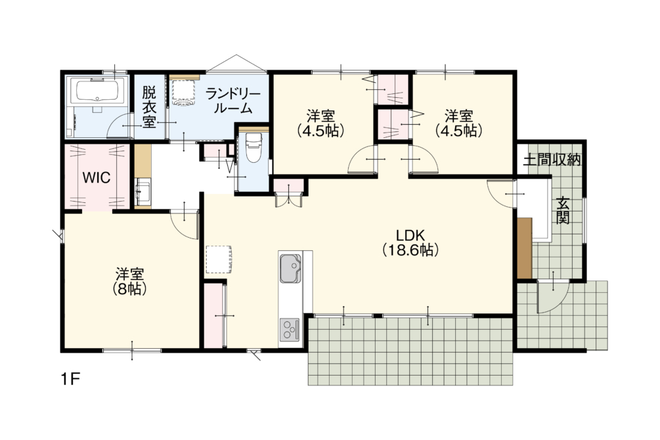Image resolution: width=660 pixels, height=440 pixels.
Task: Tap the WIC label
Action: click(x=97, y=177)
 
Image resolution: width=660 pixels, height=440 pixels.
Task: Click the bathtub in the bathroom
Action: click(x=98, y=91)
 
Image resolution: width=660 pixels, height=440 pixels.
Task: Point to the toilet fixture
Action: click(x=253, y=148)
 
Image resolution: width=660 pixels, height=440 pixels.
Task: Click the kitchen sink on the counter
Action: click(x=290, y=268)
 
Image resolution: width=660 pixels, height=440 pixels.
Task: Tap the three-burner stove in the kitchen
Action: click(x=290, y=329)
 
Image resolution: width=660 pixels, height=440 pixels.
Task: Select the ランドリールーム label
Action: click(x=233, y=102)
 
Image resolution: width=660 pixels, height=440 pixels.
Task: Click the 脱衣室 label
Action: click(x=149, y=107)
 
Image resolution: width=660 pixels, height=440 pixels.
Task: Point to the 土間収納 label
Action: click(x=552, y=160)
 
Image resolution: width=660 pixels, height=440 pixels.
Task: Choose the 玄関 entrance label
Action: click(x=563, y=211)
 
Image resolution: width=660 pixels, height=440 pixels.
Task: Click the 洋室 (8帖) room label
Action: click(x=130, y=281)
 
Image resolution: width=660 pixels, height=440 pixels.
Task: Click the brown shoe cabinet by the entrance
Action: click(x=525, y=248)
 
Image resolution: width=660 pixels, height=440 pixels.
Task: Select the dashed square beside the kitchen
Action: click(x=219, y=259)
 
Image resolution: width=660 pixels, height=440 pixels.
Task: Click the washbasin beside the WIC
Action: click(x=143, y=192)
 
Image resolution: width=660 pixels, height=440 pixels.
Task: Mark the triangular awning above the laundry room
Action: click(x=236, y=63)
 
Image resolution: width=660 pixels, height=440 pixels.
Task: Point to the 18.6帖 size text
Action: click(x=411, y=250)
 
